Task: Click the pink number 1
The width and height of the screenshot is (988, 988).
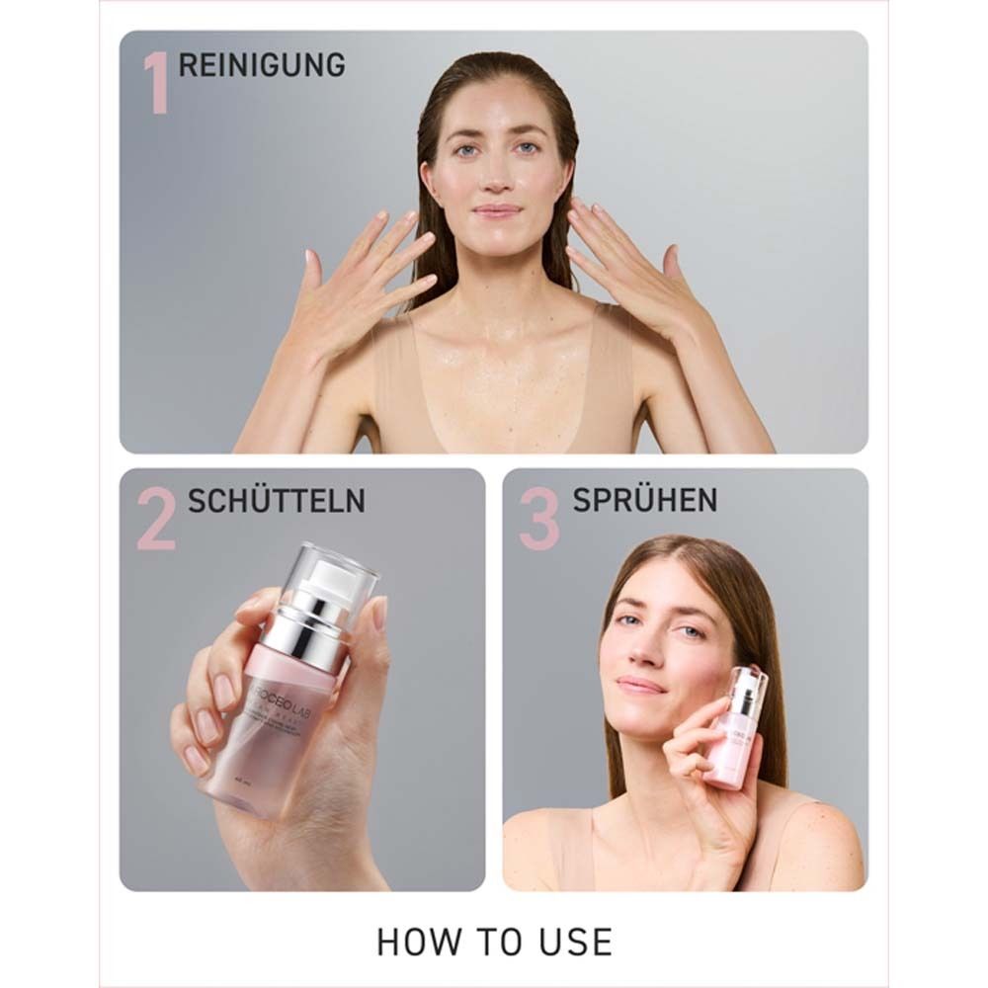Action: tap(155, 83)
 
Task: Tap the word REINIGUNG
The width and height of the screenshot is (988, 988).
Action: tap(262, 65)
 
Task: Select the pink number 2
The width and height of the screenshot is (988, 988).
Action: tap(157, 521)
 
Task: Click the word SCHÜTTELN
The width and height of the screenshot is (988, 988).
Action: tap(277, 501)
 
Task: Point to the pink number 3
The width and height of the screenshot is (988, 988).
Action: tap(539, 521)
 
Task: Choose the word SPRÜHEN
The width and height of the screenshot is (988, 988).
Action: tap(643, 501)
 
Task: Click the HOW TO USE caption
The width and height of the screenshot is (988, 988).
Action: tap(494, 942)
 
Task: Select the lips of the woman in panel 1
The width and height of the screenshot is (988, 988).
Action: tap(497, 210)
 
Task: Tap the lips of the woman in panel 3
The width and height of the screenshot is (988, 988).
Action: tap(641, 684)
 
